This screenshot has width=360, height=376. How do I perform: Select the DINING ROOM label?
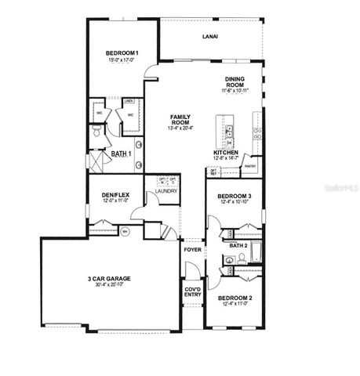pyautogui.click(x=235, y=81)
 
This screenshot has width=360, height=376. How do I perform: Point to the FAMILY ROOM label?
pyautogui.click(x=181, y=119)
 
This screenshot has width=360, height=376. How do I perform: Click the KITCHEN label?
pyautogui.click(x=226, y=153)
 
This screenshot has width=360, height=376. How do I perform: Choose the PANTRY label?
pyautogui.click(x=251, y=166)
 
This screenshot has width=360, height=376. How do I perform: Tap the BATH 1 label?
pyautogui.click(x=119, y=154)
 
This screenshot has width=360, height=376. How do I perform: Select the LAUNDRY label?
pyautogui.click(x=166, y=191)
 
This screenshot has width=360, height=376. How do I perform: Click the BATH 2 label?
pyautogui.click(x=238, y=245)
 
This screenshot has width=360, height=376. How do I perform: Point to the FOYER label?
pyautogui.click(x=192, y=250)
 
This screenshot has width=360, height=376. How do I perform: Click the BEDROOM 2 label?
pyautogui.click(x=235, y=298)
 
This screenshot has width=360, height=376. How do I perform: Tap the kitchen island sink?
pyautogui.click(x=230, y=131)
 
